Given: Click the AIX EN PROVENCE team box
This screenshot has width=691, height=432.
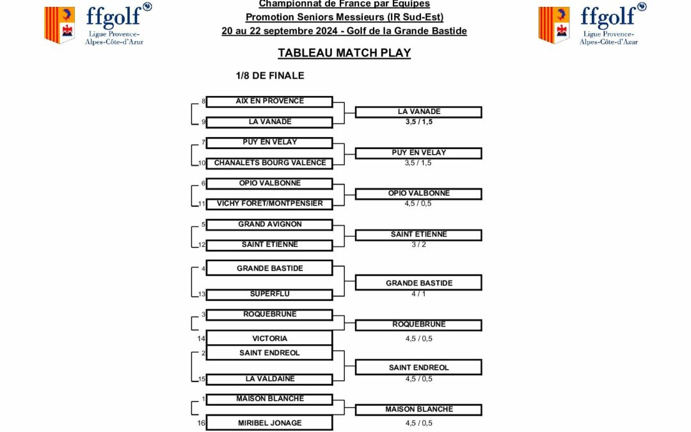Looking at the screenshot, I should click(x=269, y=101).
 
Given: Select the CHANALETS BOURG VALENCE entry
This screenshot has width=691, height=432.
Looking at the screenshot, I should click(x=269, y=163).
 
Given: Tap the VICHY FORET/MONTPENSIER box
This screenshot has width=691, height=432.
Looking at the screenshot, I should click(x=269, y=204).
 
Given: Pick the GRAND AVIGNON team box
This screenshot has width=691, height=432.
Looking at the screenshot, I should click(x=269, y=225).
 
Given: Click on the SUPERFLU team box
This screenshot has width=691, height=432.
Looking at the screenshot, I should click(x=269, y=294).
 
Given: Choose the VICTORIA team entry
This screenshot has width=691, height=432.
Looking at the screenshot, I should click(x=269, y=338).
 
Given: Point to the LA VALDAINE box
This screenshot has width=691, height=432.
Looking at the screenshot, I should click(x=269, y=379).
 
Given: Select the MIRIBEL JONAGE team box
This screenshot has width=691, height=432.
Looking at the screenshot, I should click(x=269, y=422).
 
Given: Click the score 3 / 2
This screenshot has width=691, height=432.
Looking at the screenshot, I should click(x=418, y=244).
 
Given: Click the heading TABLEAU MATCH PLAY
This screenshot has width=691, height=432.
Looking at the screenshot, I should click(x=344, y=53).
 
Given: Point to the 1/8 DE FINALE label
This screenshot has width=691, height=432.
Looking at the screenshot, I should click(x=270, y=76).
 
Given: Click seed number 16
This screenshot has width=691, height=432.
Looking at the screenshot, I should click(x=201, y=422).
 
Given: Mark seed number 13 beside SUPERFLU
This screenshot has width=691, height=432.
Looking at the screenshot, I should click(x=202, y=294).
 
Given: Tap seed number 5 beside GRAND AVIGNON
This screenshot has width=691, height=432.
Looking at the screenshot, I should click(x=203, y=225).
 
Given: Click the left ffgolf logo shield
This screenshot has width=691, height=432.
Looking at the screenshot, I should click(x=60, y=25).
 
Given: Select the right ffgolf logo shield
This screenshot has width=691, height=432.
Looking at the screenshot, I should click(x=554, y=25).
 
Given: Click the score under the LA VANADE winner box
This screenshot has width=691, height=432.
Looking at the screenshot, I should click(x=418, y=122).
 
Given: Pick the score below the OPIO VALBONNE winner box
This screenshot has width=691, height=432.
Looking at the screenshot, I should click(x=418, y=204).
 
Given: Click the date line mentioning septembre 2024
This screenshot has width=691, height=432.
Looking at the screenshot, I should click(x=344, y=31).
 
